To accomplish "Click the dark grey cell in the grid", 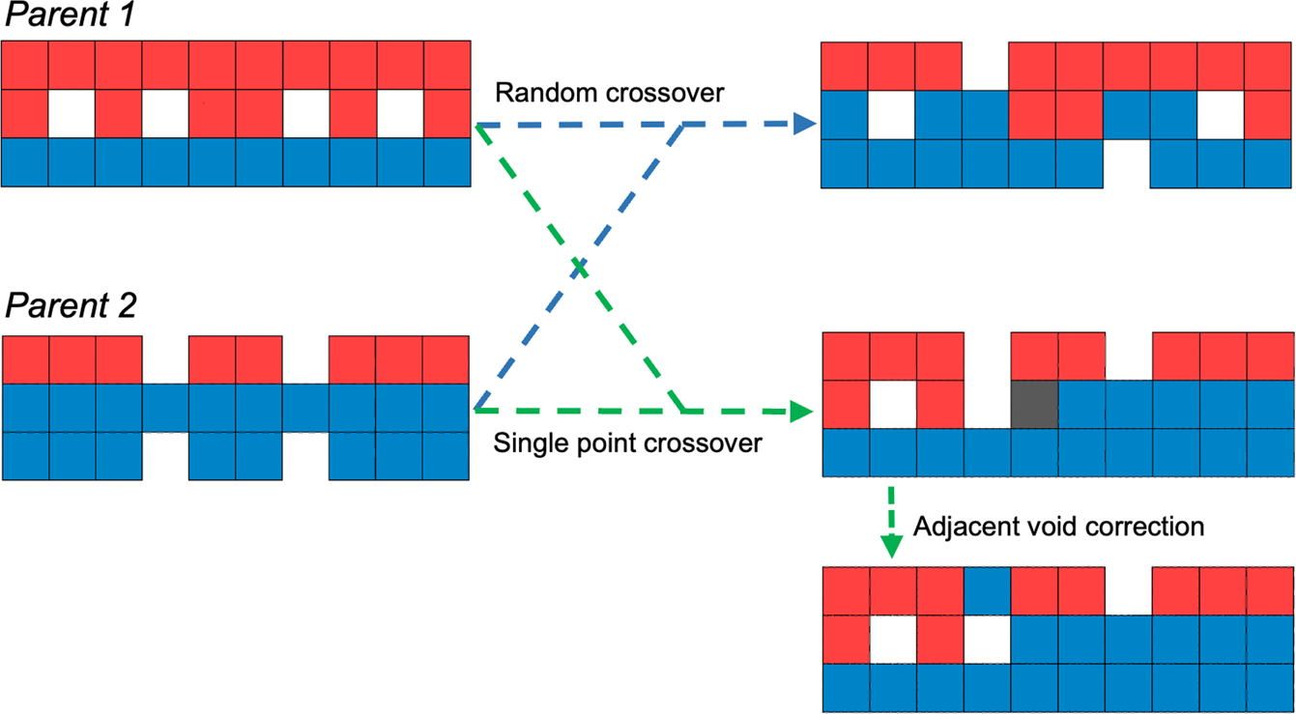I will (x=1034, y=404).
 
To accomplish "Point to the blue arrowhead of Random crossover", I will (x=804, y=124).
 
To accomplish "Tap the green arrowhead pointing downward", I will (x=892, y=546).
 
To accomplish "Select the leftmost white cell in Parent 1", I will (x=72, y=114).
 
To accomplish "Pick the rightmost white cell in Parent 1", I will (x=400, y=114).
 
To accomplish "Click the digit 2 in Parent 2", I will (x=127, y=306).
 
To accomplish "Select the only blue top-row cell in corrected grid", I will (x=987, y=590).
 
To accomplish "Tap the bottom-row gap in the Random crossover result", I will (x=1128, y=163).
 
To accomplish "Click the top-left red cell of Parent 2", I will (x=25, y=359).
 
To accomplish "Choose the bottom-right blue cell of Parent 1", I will (x=447, y=162).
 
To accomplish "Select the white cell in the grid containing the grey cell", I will (x=893, y=404).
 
